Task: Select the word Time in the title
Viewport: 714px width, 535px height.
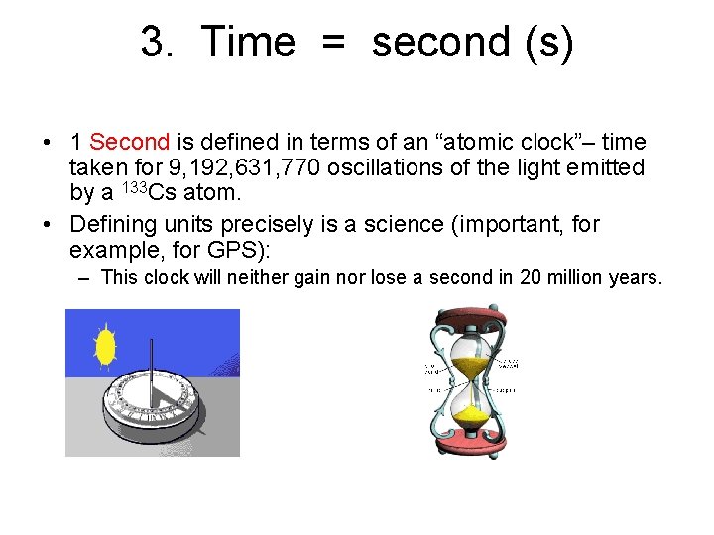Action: [x=248, y=43]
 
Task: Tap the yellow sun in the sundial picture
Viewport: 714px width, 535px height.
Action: [x=104, y=346]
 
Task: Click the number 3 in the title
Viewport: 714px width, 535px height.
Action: [x=152, y=43]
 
